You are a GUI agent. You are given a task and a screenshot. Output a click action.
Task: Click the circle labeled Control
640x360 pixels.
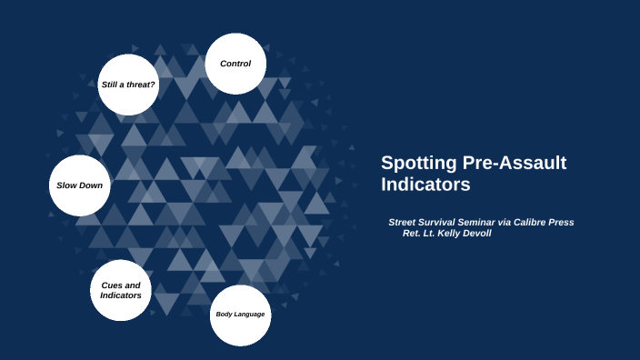coord(235,64)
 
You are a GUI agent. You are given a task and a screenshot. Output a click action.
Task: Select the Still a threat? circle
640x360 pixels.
coord(128,85)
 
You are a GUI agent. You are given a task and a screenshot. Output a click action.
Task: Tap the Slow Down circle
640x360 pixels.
coord(80,185)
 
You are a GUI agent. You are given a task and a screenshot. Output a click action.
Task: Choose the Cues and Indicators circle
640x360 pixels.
coord(121,291)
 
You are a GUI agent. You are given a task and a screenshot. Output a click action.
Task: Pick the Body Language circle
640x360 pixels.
coord(240,315)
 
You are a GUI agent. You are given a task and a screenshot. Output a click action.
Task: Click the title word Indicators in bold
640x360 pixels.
coord(425,185)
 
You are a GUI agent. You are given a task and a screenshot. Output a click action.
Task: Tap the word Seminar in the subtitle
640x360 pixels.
coord(482,222)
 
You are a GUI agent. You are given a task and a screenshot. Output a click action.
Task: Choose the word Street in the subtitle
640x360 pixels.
coord(404,222)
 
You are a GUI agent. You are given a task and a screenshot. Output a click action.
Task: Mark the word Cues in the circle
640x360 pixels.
coord(113,285)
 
